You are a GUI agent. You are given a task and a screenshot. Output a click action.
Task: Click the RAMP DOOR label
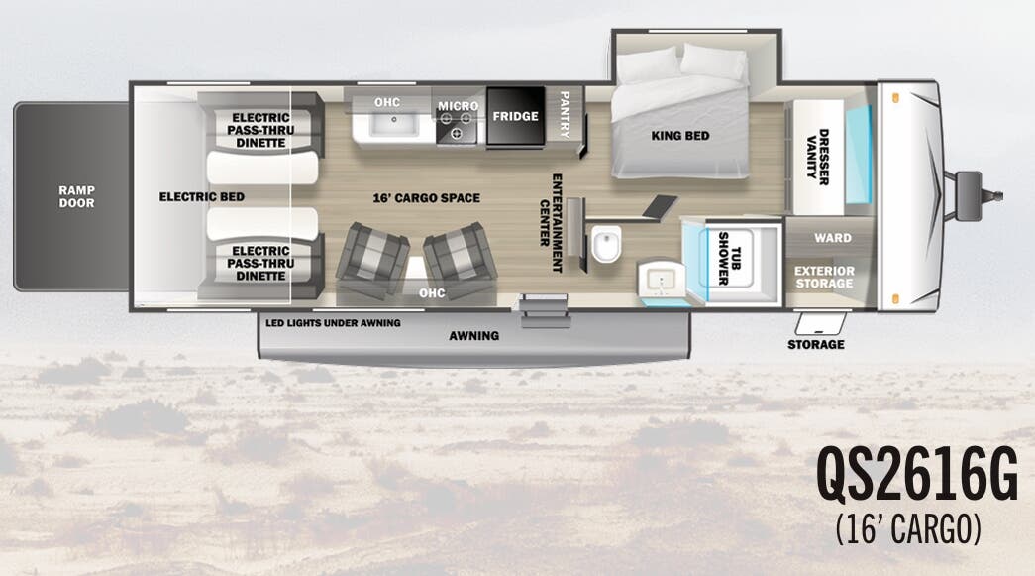pos(76,197)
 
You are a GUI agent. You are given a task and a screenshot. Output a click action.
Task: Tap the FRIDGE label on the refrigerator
pos(516,116)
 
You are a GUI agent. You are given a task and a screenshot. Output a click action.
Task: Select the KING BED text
pos(680,136)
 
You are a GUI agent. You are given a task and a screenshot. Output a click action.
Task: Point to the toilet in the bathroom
pos(606,243)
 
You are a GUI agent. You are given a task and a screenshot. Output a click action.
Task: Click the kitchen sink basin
pos(393,124)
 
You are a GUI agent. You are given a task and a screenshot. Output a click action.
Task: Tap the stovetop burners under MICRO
pos(457,126)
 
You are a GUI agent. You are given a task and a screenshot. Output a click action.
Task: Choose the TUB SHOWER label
pos(729,259)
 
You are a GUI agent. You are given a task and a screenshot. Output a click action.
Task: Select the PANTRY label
pos(565,115)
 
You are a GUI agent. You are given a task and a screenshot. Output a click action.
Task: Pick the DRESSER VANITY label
pos(818,157)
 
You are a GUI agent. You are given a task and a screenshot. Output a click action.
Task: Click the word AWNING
pos(474,335)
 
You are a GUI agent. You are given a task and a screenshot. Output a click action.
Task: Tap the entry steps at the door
pos(545,311)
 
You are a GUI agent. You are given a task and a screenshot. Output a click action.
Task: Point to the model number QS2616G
pos(917,475)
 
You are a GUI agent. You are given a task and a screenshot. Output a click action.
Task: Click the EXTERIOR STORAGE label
pos(824,277)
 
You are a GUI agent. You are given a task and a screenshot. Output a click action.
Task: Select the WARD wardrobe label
pos(833,238)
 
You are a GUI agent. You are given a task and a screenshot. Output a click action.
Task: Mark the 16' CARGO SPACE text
pos(427,198)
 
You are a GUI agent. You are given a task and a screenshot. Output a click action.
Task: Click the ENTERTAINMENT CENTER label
pos(551,223)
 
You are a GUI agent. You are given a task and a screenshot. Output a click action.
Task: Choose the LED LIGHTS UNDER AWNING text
pos(334,323)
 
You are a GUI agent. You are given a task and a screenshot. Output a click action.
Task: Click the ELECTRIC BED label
pos(202,197)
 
